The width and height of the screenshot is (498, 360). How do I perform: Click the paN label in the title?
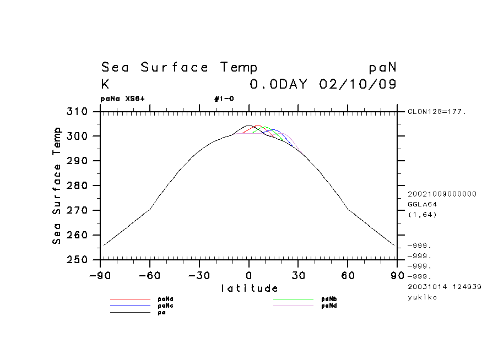(x=382, y=68)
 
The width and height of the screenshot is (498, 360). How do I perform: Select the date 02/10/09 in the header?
(x=358, y=85)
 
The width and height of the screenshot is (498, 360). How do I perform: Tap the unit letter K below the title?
(x=105, y=85)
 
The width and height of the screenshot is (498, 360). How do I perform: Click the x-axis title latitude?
(x=250, y=288)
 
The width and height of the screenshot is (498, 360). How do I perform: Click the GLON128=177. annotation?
(x=437, y=112)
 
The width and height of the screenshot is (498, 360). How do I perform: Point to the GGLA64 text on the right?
(x=422, y=204)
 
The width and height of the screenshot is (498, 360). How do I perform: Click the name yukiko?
(x=422, y=297)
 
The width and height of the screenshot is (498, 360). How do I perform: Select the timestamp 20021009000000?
(x=442, y=194)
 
